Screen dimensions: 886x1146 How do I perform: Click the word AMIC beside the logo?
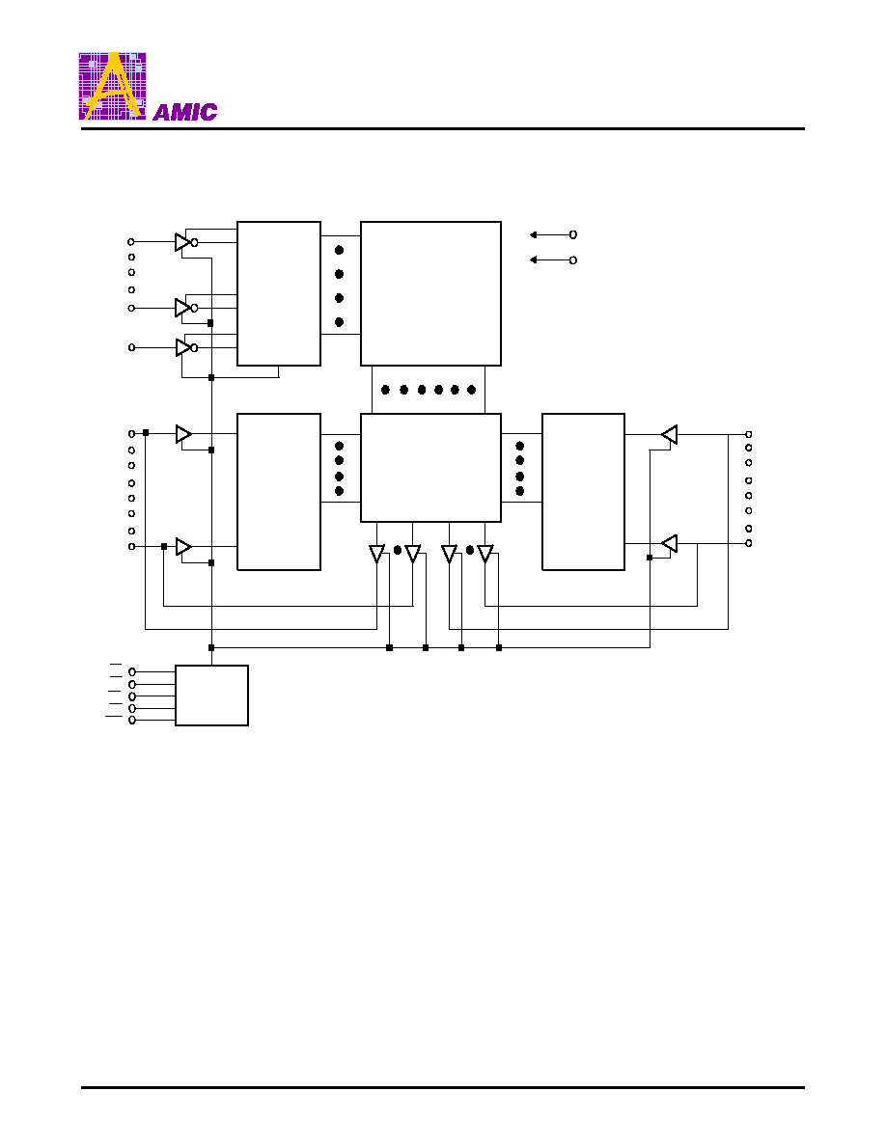(185, 112)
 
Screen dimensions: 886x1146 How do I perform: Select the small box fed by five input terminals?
(211, 696)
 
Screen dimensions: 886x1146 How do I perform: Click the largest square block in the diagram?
(430, 293)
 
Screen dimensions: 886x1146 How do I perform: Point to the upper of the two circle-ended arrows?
(553, 234)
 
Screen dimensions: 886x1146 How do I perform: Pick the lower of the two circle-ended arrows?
(553, 259)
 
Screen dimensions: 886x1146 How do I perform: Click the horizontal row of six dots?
(429, 390)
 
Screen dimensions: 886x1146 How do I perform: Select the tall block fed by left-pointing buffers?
(583, 491)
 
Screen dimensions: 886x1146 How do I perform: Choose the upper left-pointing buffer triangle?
(669, 435)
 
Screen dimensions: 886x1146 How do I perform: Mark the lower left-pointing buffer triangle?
(669, 544)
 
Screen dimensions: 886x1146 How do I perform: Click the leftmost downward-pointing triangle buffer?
(376, 554)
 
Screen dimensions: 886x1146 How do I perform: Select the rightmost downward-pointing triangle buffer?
(485, 554)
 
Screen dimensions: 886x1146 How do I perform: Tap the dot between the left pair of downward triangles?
(397, 551)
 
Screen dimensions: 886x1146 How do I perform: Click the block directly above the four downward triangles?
(430, 468)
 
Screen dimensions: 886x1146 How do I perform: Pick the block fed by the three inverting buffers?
(279, 293)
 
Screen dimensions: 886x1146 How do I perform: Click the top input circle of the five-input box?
(132, 671)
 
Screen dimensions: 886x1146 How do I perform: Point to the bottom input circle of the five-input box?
(132, 720)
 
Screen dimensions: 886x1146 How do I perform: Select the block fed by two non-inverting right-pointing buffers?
(279, 491)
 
